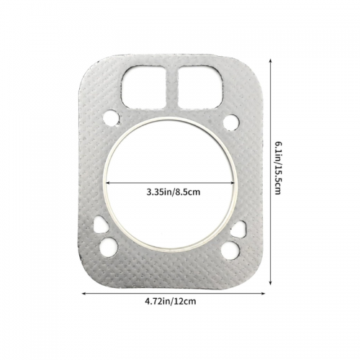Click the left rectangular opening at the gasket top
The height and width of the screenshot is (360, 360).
click(x=144, y=87)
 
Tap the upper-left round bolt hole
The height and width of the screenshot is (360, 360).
click(x=112, y=117)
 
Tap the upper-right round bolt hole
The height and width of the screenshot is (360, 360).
click(x=231, y=122)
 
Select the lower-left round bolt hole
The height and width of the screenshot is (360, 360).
click(x=109, y=246)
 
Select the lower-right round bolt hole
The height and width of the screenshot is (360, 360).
click(x=230, y=250)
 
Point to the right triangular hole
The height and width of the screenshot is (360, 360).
click(x=239, y=229)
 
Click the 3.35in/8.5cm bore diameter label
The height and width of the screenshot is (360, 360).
click(x=174, y=192)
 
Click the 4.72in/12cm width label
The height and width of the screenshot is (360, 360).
click(x=171, y=301)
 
